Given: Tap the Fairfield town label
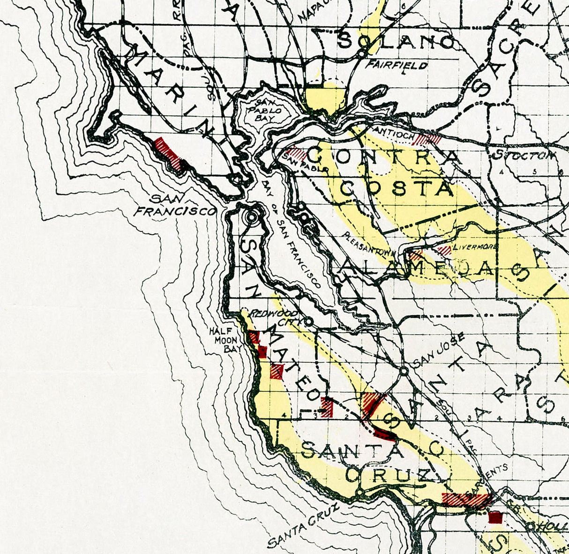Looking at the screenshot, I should pyautogui.click(x=397, y=65).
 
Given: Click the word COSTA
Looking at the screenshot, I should pyautogui.click(x=396, y=188).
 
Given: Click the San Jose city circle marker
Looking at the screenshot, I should pyautogui.click(x=404, y=371).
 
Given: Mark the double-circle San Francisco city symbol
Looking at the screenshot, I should pyautogui.click(x=252, y=217).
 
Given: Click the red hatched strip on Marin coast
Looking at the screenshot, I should pyautogui.click(x=168, y=153).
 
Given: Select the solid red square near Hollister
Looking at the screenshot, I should pyautogui.click(x=495, y=517).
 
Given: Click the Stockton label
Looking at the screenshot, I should pyautogui.click(x=525, y=155).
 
